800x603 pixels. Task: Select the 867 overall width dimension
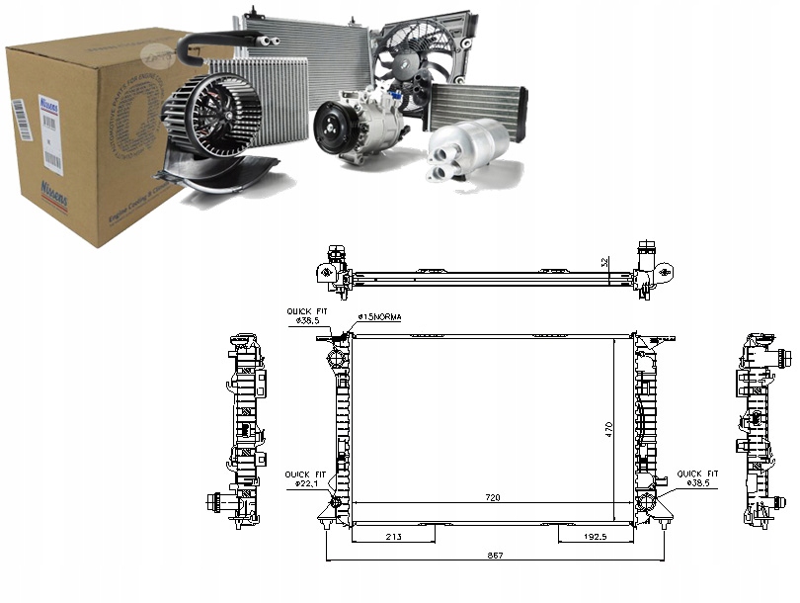[x=495, y=557]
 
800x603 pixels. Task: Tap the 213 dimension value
[x=394, y=537]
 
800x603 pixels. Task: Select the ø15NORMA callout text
[x=380, y=316]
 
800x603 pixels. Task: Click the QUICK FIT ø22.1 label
[x=306, y=478]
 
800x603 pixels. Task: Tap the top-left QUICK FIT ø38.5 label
[x=307, y=316]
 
